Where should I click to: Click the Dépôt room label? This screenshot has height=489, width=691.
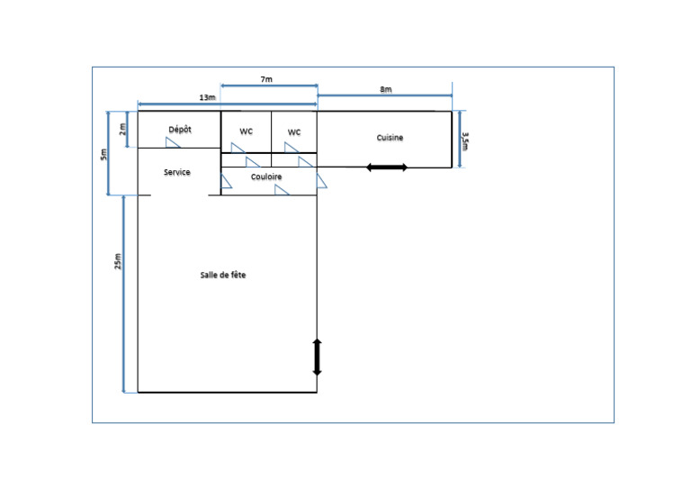[180, 130]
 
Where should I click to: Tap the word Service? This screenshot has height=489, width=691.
[177, 172]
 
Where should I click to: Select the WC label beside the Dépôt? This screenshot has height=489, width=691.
[246, 131]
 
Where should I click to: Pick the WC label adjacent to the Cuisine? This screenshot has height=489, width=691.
[294, 132]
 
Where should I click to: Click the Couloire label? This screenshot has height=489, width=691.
[266, 177]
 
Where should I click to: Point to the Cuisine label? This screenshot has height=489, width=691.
[390, 138]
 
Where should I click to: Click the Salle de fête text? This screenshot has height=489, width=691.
[223, 275]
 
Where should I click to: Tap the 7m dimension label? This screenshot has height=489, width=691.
[266, 79]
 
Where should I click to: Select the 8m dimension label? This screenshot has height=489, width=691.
[386, 89]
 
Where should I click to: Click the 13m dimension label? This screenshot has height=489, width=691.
[207, 97]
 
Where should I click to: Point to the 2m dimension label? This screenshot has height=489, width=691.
[122, 129]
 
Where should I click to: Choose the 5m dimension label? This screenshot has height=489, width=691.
[103, 154]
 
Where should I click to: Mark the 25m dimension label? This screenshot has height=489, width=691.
[118, 261]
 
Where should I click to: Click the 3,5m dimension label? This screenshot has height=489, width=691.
[465, 141]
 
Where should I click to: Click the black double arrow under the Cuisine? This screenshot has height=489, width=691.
[387, 168]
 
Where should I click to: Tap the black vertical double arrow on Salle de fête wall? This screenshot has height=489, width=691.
[317, 358]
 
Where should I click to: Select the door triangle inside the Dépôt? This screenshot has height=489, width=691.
[173, 142]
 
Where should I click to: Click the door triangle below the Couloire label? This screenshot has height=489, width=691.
[281, 190]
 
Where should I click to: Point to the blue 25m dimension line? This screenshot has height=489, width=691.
[124, 294]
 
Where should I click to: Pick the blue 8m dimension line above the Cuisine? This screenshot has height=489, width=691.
[384, 95]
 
